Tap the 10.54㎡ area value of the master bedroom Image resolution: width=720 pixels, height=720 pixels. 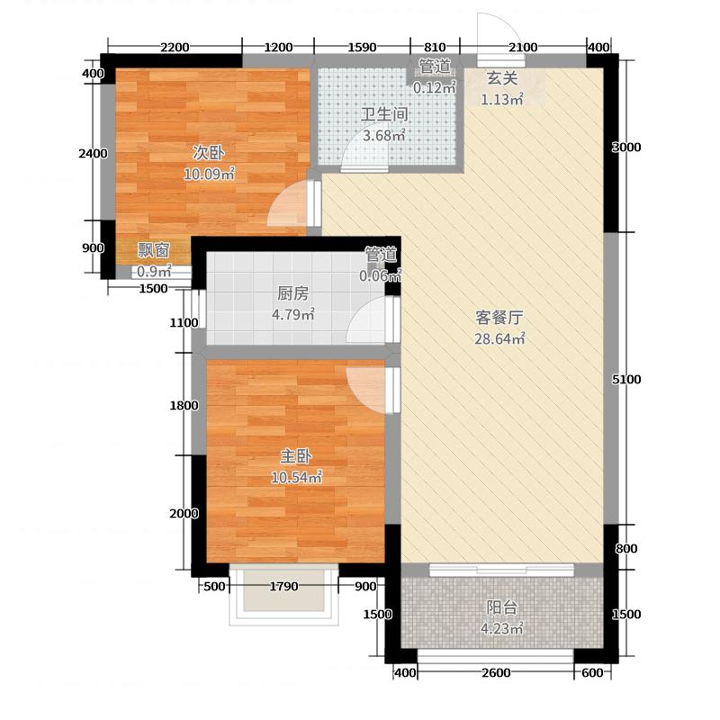[297, 478]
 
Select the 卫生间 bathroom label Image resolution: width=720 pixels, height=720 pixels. [385, 115]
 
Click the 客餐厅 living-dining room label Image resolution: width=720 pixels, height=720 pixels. [499, 318]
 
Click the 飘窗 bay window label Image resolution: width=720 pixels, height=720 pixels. [153, 251]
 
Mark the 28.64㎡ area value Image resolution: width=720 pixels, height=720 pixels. [499, 339]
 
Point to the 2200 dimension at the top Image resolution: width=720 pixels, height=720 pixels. [175, 48]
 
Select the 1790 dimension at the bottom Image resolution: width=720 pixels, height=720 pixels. [283, 587]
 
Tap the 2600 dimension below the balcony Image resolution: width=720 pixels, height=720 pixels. [496, 673]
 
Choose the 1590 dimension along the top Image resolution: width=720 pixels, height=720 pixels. [361, 48]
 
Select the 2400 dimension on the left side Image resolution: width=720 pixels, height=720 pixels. [93, 154]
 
